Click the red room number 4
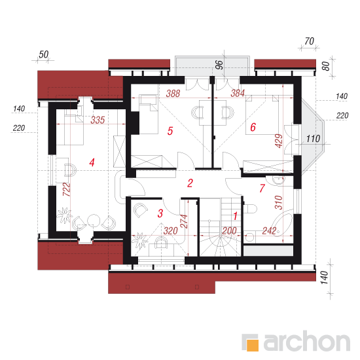click(x=92, y=162)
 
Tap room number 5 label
click(x=170, y=131)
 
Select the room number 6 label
click(x=253, y=127)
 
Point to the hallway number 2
click(x=190, y=183)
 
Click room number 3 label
click(x=160, y=213)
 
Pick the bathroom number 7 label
click(x=262, y=189)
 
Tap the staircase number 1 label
click(x=235, y=216)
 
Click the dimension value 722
click(x=66, y=189)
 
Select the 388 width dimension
click(x=173, y=94)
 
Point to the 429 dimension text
click(x=279, y=141)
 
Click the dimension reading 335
click(x=98, y=120)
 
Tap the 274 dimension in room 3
click(x=184, y=221)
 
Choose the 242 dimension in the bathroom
click(x=269, y=231)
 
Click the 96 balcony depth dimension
click(x=219, y=65)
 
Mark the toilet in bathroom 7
click(x=250, y=209)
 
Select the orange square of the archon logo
click(x=253, y=345)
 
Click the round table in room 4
click(x=94, y=220)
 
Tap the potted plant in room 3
click(x=140, y=240)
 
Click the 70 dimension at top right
click(x=309, y=41)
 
